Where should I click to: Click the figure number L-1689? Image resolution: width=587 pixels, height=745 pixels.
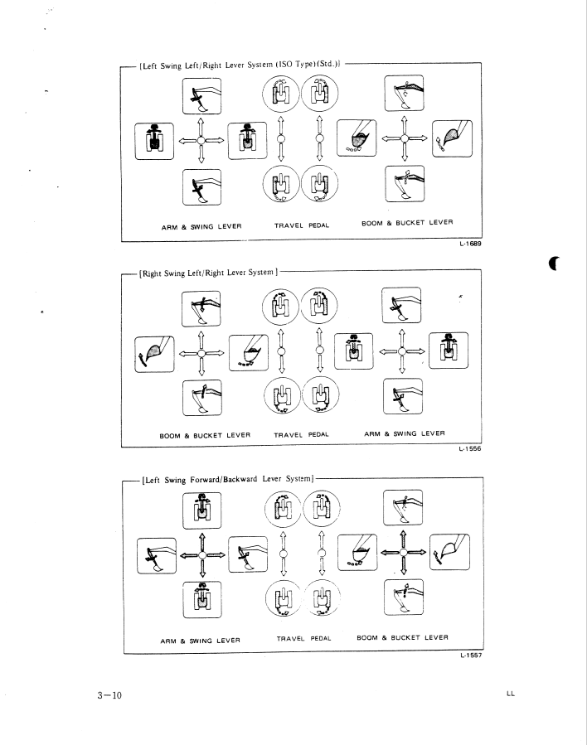pos(471,245)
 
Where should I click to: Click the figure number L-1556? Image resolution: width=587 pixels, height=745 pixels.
pos(470,451)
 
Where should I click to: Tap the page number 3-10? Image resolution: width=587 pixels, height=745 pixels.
pos(108,694)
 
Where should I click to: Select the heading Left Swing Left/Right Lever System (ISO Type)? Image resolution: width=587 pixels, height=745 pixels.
pos(240,62)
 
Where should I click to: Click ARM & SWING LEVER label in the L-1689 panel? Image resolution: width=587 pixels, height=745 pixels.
pos(201,226)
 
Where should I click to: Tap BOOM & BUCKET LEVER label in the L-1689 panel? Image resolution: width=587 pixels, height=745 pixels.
pos(407,224)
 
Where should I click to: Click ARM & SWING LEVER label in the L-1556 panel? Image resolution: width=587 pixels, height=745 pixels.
pos(405,433)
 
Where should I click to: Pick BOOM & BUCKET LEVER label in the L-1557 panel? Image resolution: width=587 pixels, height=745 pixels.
pos(402,637)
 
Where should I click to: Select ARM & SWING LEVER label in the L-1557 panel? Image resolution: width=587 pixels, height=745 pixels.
pos(200,640)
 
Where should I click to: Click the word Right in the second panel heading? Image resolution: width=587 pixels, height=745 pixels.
pos(153,271)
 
